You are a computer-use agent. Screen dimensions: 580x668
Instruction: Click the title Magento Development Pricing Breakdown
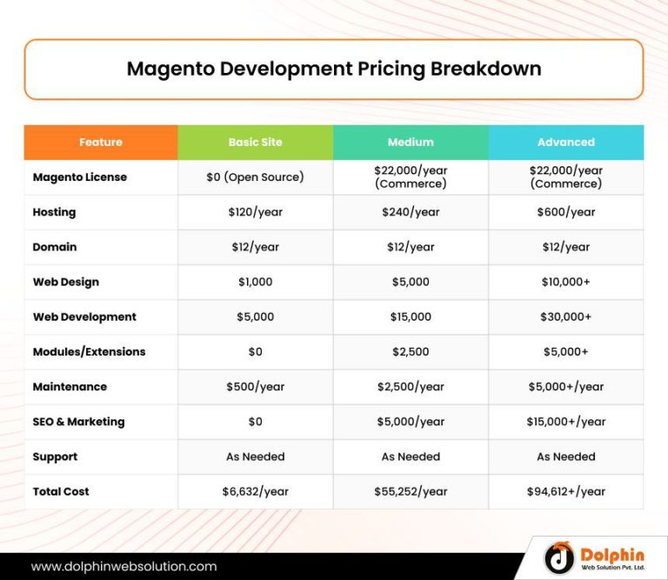[x=334, y=69]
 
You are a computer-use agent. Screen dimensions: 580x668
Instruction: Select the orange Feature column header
[x=101, y=142]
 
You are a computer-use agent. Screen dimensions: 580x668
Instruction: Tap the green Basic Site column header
[x=255, y=142]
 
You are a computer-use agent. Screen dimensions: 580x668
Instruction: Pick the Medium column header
[x=411, y=142]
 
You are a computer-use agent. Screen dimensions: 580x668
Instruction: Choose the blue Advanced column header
[x=565, y=142]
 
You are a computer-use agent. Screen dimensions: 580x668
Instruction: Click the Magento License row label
[x=80, y=177]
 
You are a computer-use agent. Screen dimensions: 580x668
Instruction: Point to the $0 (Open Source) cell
[x=255, y=177]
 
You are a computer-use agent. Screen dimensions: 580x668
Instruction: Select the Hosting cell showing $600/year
[x=565, y=212]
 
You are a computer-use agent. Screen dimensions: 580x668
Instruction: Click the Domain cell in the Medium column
[x=411, y=247]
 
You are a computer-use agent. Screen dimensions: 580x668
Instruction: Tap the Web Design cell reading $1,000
[x=255, y=282]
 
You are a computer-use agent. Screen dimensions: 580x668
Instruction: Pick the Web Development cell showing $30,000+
[x=565, y=317]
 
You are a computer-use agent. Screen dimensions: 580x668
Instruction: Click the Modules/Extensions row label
[x=89, y=352]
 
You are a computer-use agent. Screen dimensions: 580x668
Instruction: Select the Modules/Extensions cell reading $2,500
[x=411, y=352]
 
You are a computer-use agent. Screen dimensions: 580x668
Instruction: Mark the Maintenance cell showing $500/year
[x=255, y=387]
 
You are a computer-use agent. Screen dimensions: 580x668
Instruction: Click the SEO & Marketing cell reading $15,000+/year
[x=565, y=422]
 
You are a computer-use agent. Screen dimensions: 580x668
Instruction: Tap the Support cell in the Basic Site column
[x=255, y=457]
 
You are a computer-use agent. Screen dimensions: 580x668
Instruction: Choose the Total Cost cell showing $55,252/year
[x=411, y=491]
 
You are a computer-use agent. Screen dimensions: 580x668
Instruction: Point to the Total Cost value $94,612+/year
[x=565, y=491]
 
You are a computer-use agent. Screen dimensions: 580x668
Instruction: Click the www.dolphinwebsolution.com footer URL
[x=124, y=566]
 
